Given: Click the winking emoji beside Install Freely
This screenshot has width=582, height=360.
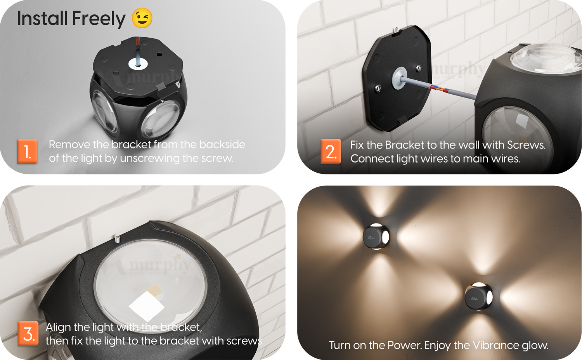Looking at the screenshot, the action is (x=142, y=18).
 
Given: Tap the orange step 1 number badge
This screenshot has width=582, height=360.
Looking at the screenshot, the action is (x=27, y=151).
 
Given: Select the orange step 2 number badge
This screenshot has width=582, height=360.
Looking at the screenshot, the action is (x=331, y=151).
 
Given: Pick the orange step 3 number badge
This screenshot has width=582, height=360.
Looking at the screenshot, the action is (x=28, y=334).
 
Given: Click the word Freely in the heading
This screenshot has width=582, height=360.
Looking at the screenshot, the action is (x=99, y=19).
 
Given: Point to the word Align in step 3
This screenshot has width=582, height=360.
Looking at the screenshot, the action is (x=58, y=327).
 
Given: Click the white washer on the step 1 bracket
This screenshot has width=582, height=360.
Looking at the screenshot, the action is (x=138, y=64).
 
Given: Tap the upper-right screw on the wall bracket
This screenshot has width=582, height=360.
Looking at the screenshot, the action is (x=419, y=68).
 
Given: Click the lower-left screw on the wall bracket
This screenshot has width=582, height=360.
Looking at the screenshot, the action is (x=378, y=89).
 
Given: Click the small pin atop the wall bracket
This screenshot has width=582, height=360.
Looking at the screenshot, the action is (x=396, y=30).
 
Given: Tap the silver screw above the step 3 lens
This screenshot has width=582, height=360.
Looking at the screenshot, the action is (x=117, y=239).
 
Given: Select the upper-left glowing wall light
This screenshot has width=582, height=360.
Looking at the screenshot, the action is (x=376, y=237).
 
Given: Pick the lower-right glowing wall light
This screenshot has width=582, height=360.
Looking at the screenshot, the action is (x=478, y=296).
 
